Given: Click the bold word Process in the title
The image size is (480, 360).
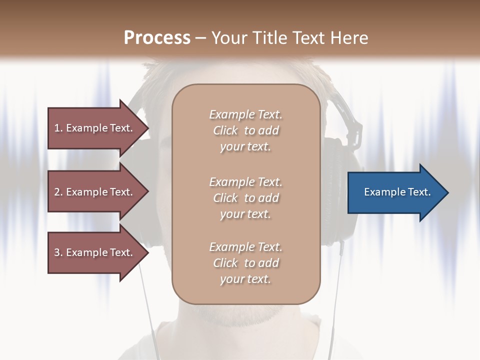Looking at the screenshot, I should pyautogui.click(x=157, y=37).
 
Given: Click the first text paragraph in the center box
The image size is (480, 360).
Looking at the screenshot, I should pyautogui.click(x=245, y=130).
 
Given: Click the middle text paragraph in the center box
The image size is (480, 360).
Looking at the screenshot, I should pyautogui.click(x=245, y=197).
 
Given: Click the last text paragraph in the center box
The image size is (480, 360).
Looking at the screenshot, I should pyautogui.click(x=245, y=263).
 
